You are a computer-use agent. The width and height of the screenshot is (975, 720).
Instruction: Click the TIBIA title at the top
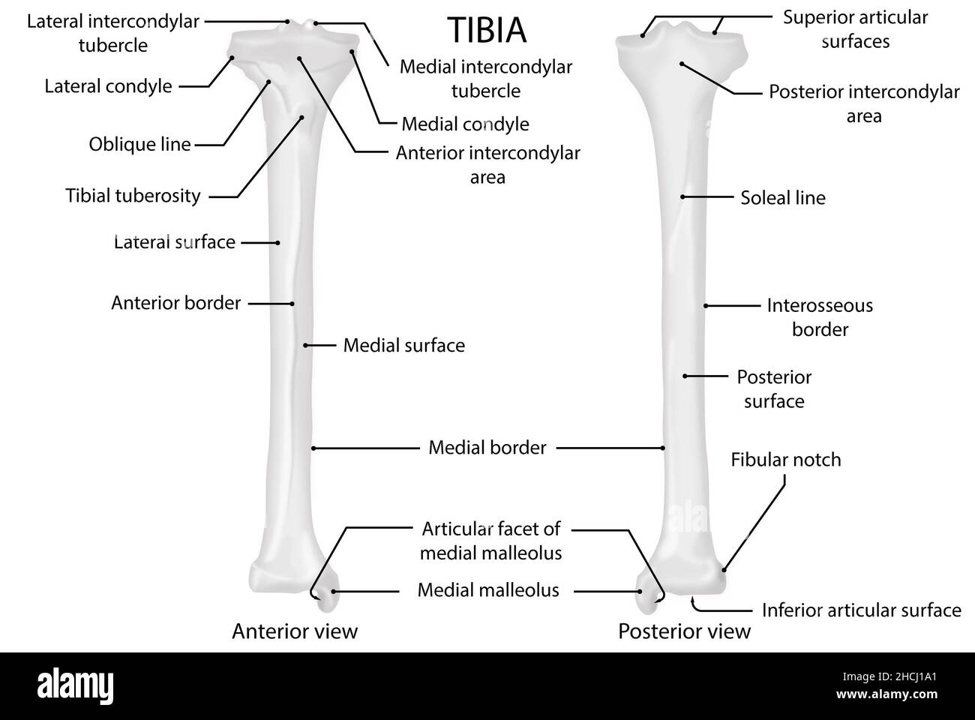487,30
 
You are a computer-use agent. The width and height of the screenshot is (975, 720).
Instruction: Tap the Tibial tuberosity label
133,196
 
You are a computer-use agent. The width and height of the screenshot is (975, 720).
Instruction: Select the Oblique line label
139,144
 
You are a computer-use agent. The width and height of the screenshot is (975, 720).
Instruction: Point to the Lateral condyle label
108,86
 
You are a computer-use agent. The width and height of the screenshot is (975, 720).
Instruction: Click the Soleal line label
782,198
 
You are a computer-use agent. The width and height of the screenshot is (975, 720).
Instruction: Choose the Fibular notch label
785,460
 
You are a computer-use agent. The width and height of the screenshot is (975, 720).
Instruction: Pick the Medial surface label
403,346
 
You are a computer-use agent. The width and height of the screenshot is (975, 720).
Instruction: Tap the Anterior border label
175,303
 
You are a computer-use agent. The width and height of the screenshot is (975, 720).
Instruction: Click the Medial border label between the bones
487,448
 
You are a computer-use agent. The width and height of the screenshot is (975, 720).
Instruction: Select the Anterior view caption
295,631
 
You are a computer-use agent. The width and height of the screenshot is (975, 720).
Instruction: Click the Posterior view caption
684,631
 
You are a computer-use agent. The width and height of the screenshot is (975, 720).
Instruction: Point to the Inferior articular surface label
861,610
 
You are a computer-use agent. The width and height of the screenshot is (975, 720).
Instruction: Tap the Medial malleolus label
487,590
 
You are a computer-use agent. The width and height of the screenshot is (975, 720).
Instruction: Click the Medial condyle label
465,124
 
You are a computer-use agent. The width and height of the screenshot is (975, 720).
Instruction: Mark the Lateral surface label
174,242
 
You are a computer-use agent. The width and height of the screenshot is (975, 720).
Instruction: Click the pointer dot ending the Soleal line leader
683,197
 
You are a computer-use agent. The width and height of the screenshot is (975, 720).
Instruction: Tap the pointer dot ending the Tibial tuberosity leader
302,117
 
